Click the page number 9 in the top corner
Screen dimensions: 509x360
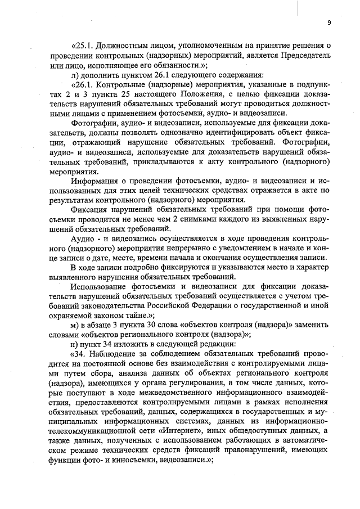click(x=328, y=23)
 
